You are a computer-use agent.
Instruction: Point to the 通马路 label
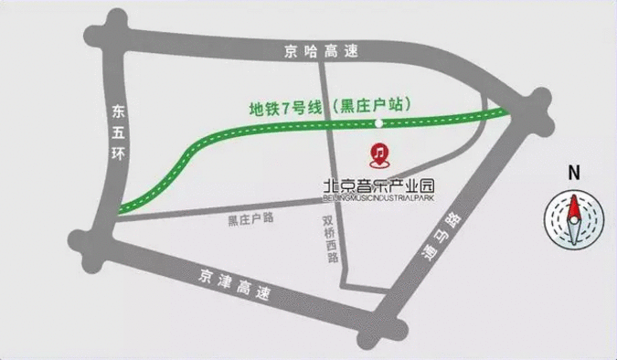coord(441,237)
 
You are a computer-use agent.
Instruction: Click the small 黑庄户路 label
coord(251,219)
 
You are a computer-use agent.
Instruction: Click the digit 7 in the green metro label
coord(286,108)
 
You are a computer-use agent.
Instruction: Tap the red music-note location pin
coord(378,152)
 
